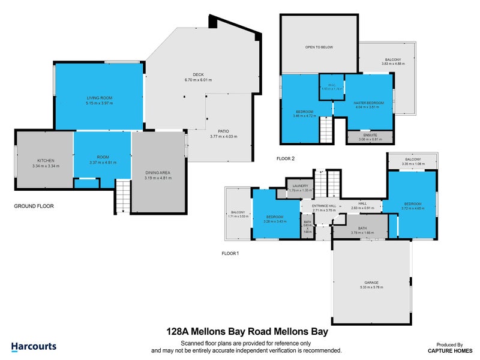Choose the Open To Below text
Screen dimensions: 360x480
click(319, 47)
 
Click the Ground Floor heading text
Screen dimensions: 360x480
click(34, 206)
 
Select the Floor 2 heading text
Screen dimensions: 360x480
click(285, 159)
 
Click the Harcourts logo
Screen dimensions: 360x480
click(34, 346)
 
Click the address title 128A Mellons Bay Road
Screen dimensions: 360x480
click(247, 331)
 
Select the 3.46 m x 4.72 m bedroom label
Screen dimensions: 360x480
click(305, 114)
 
